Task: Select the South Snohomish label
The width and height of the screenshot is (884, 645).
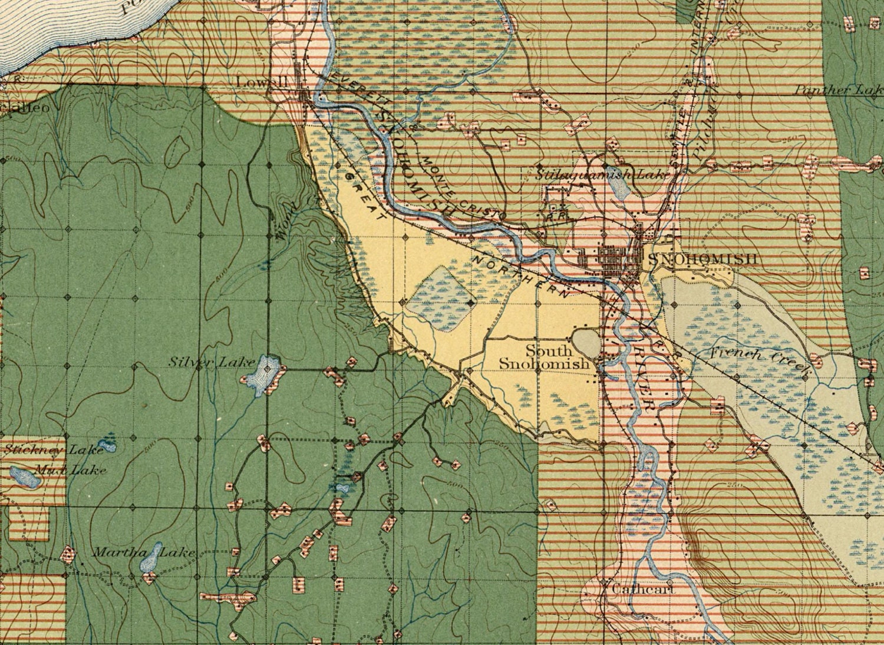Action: (x=543, y=357)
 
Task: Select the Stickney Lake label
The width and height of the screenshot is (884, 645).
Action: (x=53, y=450)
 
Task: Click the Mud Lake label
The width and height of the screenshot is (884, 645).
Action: (x=70, y=469)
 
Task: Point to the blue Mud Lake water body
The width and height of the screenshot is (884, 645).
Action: (x=25, y=477)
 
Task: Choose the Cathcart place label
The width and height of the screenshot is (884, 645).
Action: (x=642, y=588)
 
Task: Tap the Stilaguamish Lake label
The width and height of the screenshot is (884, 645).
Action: (x=601, y=174)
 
